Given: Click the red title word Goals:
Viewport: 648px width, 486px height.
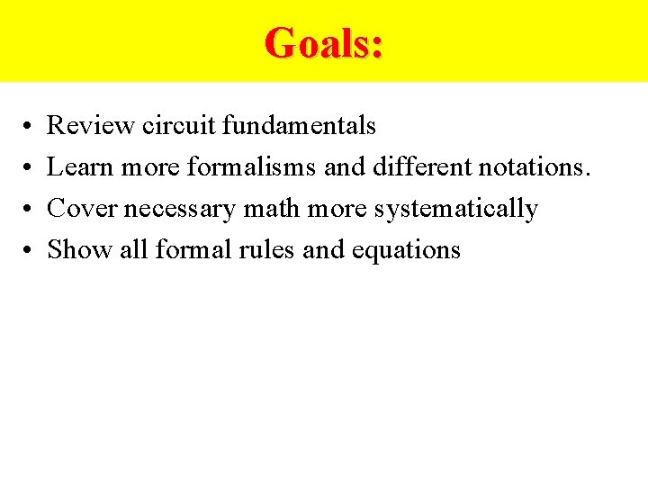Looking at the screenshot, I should pyautogui.click(x=324, y=42).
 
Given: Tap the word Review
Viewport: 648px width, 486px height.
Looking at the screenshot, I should pyautogui.click(x=91, y=126).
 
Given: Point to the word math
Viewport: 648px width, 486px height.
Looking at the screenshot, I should pyautogui.click(x=260, y=209).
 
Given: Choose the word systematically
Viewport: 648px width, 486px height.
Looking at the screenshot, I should pyautogui.click(x=455, y=210).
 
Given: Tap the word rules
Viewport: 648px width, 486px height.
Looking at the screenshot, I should pyautogui.click(x=268, y=249).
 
